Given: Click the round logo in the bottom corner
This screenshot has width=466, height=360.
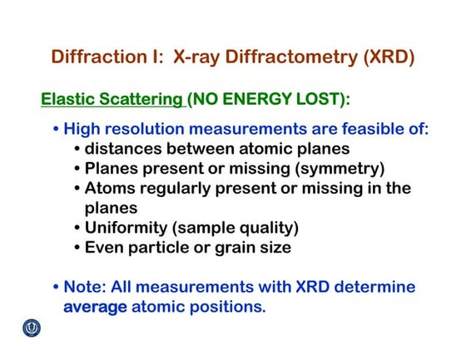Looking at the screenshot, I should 32,328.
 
